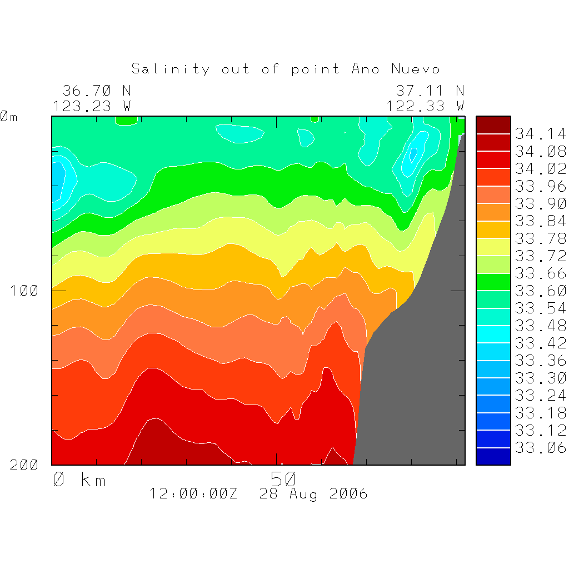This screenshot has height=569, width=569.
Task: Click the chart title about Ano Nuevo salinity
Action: (x=286, y=69)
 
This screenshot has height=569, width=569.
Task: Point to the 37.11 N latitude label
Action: (x=430, y=90)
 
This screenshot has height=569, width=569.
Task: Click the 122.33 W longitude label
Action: (x=425, y=106)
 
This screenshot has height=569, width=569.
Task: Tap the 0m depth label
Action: (x=9, y=117)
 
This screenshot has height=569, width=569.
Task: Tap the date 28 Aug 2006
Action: (x=313, y=493)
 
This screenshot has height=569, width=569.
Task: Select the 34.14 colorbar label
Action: (x=540, y=134)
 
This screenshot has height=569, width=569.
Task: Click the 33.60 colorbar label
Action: (x=540, y=291)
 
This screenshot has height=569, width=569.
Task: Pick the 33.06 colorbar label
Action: (x=540, y=447)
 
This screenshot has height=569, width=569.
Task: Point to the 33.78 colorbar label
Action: (x=540, y=238)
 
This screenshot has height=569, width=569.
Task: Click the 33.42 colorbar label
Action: (x=540, y=343)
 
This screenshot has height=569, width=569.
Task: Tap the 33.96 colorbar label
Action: (x=540, y=186)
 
